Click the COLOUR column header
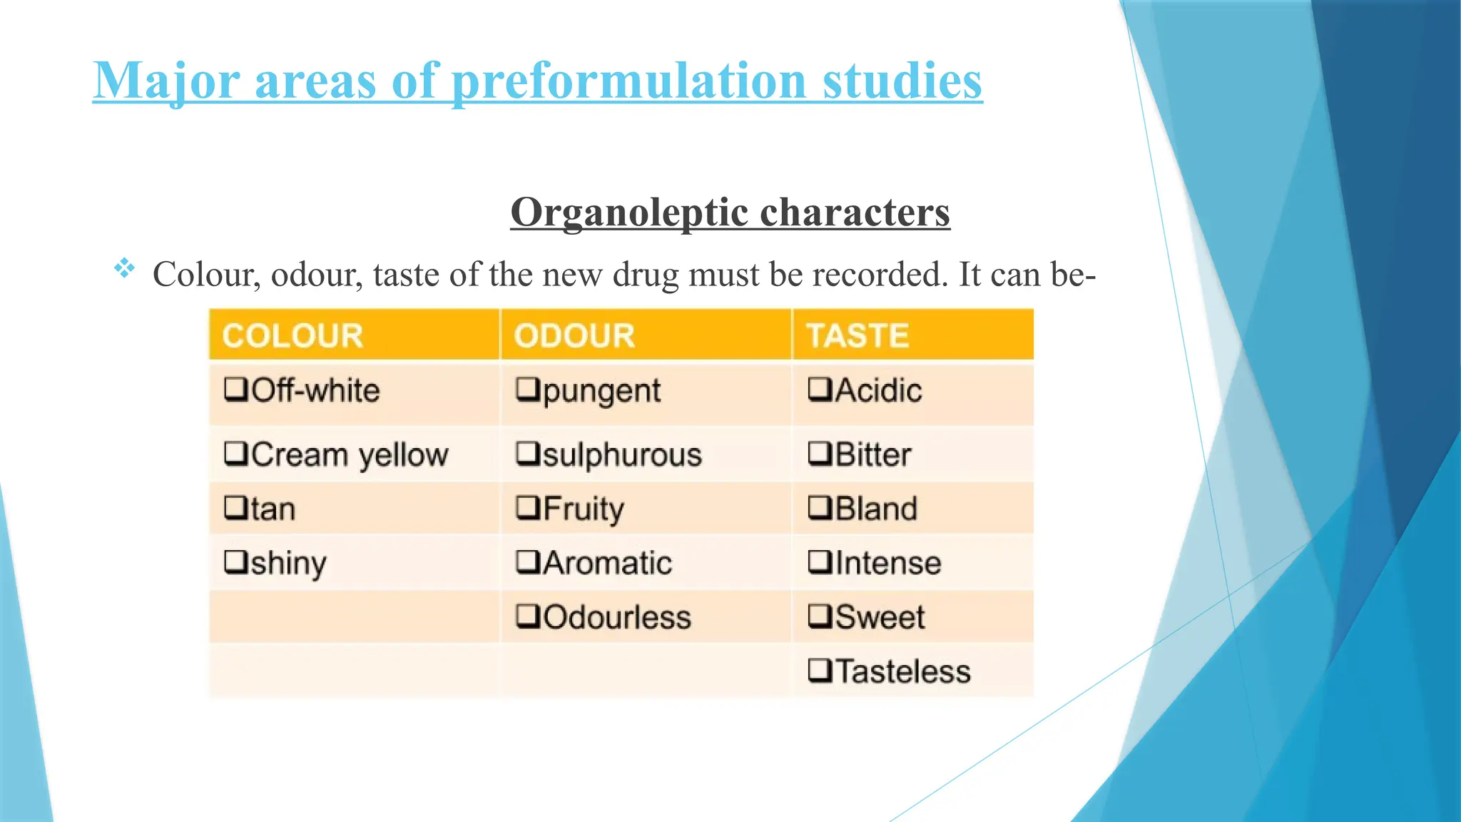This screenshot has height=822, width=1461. click(x=292, y=335)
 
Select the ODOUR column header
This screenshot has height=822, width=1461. click(x=574, y=335)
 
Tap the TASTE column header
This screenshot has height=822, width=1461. click(x=857, y=335)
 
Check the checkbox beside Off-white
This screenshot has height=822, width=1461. click(x=235, y=390)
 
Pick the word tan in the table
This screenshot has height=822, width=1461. click(x=273, y=509)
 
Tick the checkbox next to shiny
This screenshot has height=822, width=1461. click(x=235, y=562)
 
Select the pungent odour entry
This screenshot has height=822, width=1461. click(x=601, y=391)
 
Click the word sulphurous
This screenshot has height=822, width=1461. click(x=622, y=455)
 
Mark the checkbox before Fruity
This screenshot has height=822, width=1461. click(x=528, y=508)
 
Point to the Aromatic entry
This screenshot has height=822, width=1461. click(x=607, y=563)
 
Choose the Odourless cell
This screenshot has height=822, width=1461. click(x=617, y=617)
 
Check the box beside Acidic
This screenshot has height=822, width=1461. click(x=820, y=390)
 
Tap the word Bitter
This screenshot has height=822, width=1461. click(x=873, y=455)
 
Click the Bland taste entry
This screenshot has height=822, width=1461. click(x=876, y=509)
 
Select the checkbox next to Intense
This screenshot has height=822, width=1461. click(x=820, y=562)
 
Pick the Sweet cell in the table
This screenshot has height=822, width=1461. click(x=880, y=617)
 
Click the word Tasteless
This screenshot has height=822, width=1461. click(x=902, y=671)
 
